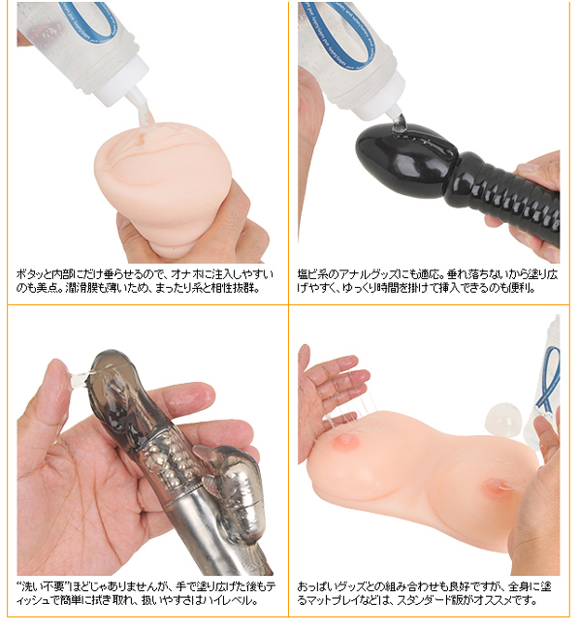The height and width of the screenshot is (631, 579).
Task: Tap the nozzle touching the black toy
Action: [398, 113]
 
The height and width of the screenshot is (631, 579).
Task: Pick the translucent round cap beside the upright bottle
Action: [504, 421]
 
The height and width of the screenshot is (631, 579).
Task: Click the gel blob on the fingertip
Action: [80, 378]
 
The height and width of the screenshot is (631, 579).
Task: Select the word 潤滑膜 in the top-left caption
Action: [80, 288]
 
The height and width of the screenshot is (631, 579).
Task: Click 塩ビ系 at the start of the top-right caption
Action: [313, 275]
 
